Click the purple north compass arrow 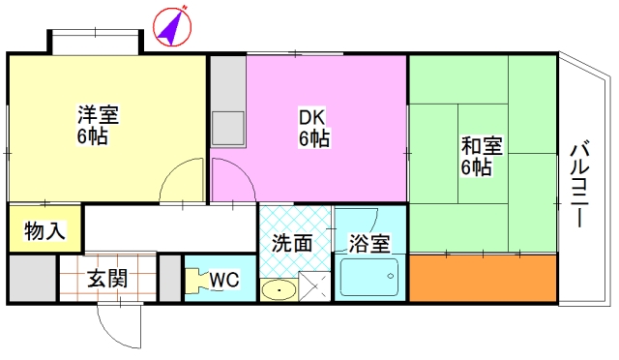pos(172,27)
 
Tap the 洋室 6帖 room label pos(98,125)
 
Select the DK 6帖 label pos(313,128)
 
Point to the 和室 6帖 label pos(482,156)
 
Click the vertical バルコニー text pos(579,184)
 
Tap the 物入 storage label pos(44,230)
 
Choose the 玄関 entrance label pos(107,279)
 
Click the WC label pos(223,280)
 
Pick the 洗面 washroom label pos(292,244)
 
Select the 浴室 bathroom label pos(369,244)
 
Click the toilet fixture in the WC pos(195,281)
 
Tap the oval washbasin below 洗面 pos(279,290)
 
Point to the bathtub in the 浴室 pos(369,277)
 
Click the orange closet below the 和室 pos(484,278)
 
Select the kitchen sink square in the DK pos(228,129)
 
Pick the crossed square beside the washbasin pos(314,286)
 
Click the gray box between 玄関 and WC pos(170,278)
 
